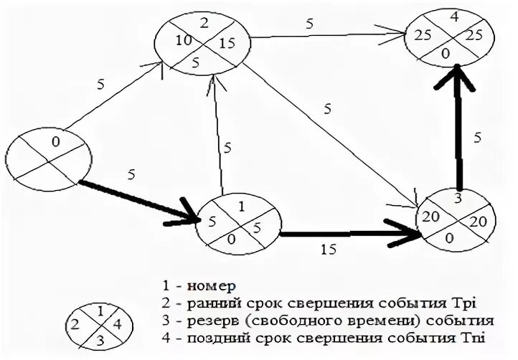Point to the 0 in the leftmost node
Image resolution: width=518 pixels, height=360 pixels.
(x=56, y=142)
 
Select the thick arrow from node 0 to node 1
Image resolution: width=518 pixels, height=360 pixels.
(x=136, y=199)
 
